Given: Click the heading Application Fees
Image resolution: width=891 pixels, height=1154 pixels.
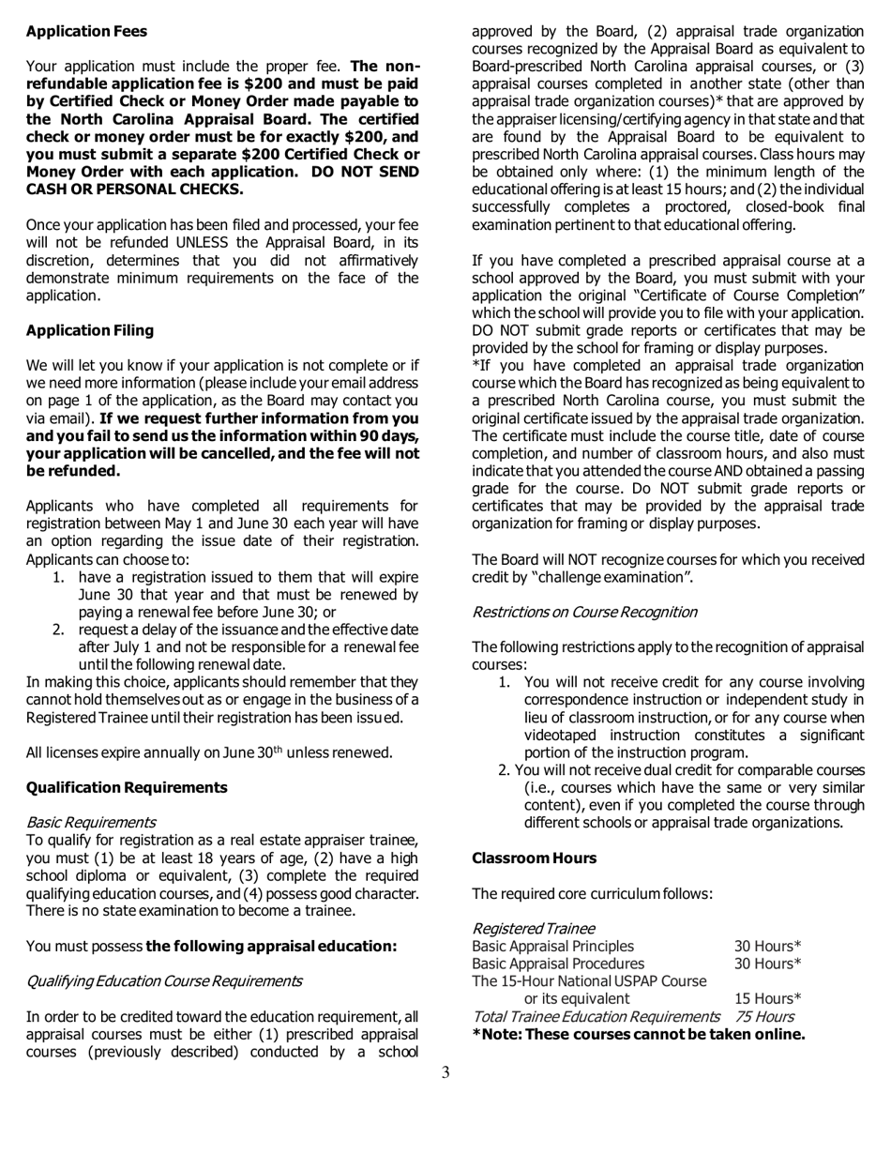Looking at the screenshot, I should pyautogui.click(x=86, y=31).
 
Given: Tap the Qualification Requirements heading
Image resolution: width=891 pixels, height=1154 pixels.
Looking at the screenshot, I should pyautogui.click(x=127, y=787).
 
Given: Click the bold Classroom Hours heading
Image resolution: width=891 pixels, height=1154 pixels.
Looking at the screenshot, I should pyautogui.click(x=534, y=858).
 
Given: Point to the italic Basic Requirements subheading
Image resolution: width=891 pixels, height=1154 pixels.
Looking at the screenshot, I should pyautogui.click(x=91, y=822).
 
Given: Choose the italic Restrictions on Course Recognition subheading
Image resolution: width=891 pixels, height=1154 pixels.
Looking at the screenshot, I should pyautogui.click(x=584, y=612).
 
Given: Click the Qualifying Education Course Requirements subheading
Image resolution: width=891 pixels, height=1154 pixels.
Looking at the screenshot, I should pyautogui.click(x=164, y=980).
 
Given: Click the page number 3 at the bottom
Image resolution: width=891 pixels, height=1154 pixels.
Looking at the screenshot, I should pyautogui.click(x=445, y=1072).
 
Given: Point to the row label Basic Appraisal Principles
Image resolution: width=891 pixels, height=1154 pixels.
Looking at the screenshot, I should pyautogui.click(x=552, y=946).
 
